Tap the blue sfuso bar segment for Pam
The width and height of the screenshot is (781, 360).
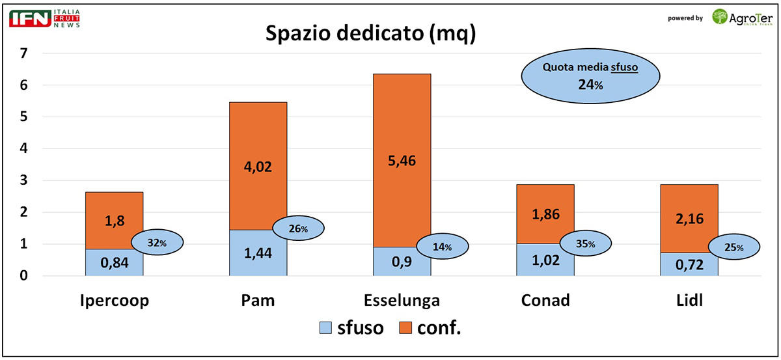pyautogui.click(x=258, y=253)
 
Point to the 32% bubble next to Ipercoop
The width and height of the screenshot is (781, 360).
pyautogui.click(x=158, y=243)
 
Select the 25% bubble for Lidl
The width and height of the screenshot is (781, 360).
pyautogui.click(x=733, y=247)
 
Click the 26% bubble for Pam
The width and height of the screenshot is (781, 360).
pyautogui.click(x=298, y=228)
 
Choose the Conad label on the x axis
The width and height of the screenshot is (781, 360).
pyautogui.click(x=545, y=300)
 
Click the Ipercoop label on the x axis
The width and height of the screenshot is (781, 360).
pyautogui.click(x=115, y=300)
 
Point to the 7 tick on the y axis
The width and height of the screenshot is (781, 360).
pyautogui.click(x=24, y=53)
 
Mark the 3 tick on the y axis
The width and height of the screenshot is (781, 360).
pyautogui.click(x=24, y=180)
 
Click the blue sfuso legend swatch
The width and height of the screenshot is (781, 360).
pyautogui.click(x=325, y=328)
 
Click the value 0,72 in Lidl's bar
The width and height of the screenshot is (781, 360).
pyautogui.click(x=689, y=265)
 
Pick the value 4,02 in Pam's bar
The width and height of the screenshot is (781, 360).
pyautogui.click(x=258, y=167)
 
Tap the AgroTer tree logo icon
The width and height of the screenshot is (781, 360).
pyautogui.click(x=720, y=17)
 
